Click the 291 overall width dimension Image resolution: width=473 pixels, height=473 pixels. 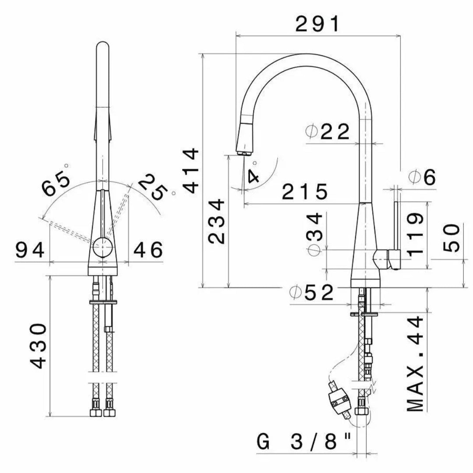click(x=318, y=24)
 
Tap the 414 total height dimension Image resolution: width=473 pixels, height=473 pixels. click(x=191, y=170)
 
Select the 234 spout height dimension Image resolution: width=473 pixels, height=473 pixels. click(x=216, y=221)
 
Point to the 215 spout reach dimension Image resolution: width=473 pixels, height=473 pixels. click(x=305, y=191)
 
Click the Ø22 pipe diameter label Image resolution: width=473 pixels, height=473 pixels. click(x=327, y=131)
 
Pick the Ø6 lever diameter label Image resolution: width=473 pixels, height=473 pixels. click(x=423, y=177)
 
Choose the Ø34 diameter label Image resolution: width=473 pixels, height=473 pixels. click(x=314, y=234)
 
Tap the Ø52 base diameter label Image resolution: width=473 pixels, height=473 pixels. click(x=311, y=292)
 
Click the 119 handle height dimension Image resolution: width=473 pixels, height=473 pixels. click(x=417, y=234)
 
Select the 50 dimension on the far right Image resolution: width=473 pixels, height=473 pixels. click(x=452, y=238)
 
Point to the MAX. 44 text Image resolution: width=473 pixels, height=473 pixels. click(x=415, y=364)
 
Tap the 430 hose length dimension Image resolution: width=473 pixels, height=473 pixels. click(x=39, y=346)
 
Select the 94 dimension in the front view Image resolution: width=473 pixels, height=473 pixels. click(x=30, y=250)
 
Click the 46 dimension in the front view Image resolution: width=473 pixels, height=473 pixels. click(x=148, y=250)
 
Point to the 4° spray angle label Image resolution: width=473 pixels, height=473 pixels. click(x=253, y=173)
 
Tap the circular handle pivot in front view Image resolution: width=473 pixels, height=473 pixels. click(x=103, y=247)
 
